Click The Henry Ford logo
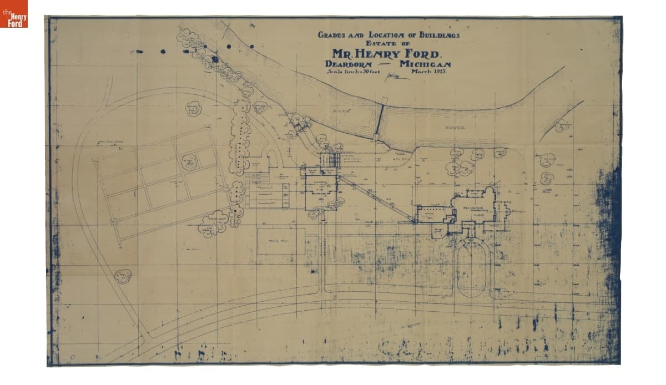(x=14, y=14)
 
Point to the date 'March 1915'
(x=429, y=72)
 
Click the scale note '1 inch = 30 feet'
(x=352, y=73)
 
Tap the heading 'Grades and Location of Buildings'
(x=389, y=34)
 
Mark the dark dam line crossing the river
(x=380, y=119)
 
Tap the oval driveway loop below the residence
(x=471, y=266)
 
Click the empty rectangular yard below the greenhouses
(x=281, y=241)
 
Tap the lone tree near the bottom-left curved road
(x=123, y=275)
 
